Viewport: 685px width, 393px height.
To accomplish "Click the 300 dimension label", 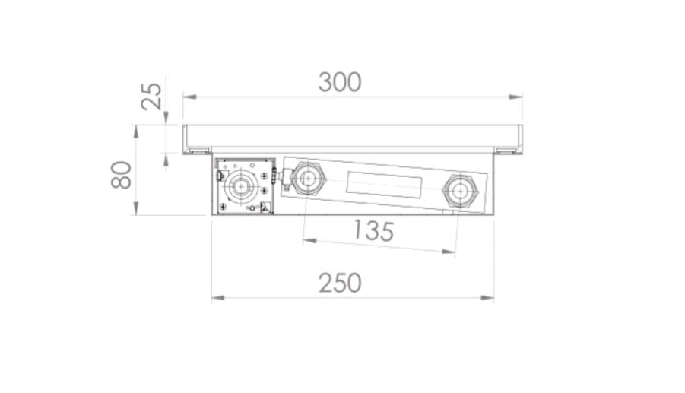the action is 340,82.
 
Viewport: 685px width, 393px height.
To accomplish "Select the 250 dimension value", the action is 341,283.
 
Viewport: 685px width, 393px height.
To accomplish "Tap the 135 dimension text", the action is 373,230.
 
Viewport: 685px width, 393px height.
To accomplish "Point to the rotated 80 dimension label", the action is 121,175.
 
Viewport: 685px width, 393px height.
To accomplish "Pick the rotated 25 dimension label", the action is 151,96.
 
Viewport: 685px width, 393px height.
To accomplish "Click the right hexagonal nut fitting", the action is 460,192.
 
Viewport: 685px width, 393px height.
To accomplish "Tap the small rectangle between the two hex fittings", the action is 384,183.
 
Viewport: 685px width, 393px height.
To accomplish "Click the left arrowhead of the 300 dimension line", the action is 189,97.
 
